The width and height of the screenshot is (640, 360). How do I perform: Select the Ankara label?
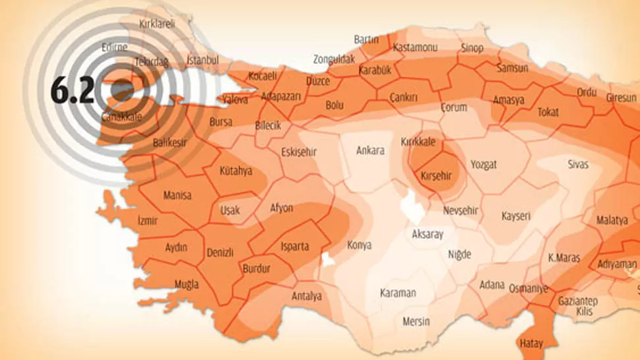(370, 150)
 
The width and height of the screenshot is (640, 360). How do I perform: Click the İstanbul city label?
(203, 60)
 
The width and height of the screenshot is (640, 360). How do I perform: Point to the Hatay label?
(531, 344)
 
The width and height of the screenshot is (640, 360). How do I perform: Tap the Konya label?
(359, 245)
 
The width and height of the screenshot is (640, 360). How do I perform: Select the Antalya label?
(306, 296)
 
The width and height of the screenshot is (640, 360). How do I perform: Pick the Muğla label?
(186, 285)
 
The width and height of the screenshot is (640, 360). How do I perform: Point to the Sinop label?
(472, 48)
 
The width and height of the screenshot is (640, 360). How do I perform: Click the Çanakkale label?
(122, 117)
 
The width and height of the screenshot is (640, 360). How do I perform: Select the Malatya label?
(612, 220)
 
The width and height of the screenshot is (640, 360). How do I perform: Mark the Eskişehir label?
(299, 152)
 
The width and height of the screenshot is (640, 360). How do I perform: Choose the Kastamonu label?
(415, 48)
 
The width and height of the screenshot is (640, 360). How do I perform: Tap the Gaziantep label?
(577, 301)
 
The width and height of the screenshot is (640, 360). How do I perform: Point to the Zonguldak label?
(334, 59)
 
